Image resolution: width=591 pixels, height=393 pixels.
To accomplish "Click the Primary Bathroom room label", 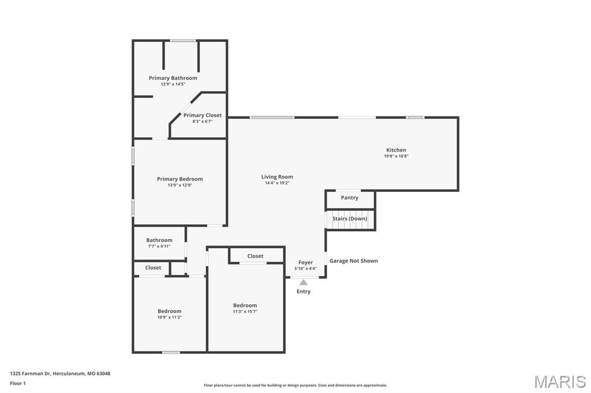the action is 173,78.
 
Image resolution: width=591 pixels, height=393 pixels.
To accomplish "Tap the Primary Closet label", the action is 203,115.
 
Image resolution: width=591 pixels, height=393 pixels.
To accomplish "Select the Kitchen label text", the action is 396,150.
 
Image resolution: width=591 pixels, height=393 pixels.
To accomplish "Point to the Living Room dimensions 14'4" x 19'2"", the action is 277,183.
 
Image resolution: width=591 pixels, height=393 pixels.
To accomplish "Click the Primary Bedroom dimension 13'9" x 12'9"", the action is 180,185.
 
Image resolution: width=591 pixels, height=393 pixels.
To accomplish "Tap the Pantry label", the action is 349,198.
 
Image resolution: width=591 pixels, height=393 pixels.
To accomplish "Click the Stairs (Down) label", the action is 350,219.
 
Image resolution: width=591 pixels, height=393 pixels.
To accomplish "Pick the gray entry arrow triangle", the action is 304,282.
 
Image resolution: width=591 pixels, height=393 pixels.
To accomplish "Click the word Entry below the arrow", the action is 304,292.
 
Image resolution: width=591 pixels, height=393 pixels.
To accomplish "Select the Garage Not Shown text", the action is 354,261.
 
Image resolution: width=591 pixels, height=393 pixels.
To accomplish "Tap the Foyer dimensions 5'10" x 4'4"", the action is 305,269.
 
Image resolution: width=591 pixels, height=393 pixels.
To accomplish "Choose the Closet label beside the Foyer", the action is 255,256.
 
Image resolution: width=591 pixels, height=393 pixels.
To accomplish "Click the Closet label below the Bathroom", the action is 153,267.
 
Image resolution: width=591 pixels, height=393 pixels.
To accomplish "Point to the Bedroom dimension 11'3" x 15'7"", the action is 245,312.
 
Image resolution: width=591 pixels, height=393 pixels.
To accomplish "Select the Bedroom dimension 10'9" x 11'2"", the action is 170,318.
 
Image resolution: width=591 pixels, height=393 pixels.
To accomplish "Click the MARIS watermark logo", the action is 560,381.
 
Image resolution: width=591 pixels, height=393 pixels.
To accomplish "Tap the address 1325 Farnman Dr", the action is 30,374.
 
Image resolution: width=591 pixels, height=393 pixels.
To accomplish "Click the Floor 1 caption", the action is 18,384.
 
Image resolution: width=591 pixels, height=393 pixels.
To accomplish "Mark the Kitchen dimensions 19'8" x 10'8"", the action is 396,156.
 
